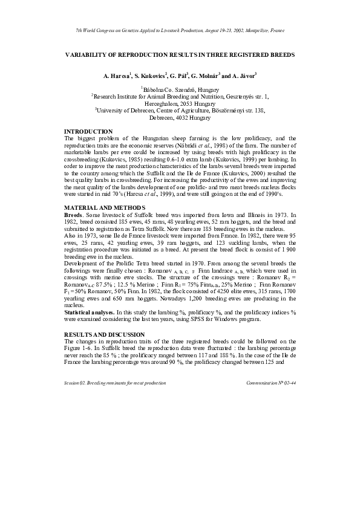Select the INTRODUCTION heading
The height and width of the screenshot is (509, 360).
click(x=88, y=131)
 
